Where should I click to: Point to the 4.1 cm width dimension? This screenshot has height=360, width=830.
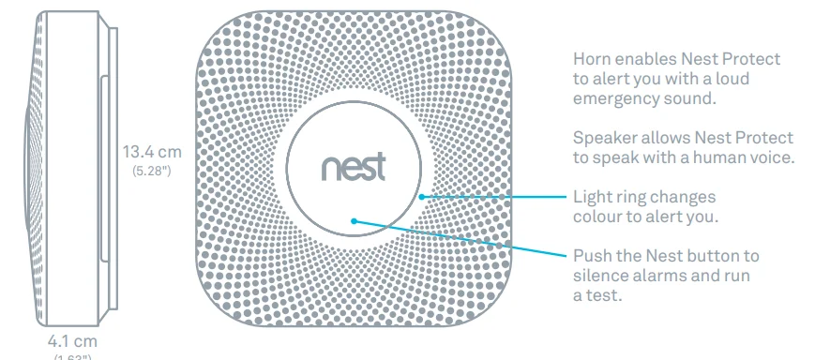click(72, 341)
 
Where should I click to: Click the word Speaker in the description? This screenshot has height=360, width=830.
click(602, 138)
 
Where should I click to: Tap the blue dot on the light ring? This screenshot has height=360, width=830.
click(423, 197)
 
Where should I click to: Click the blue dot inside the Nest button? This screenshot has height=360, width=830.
click(354, 221)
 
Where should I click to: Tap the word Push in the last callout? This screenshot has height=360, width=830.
click(591, 256)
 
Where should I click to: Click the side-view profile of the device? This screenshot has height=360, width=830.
click(75, 164)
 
